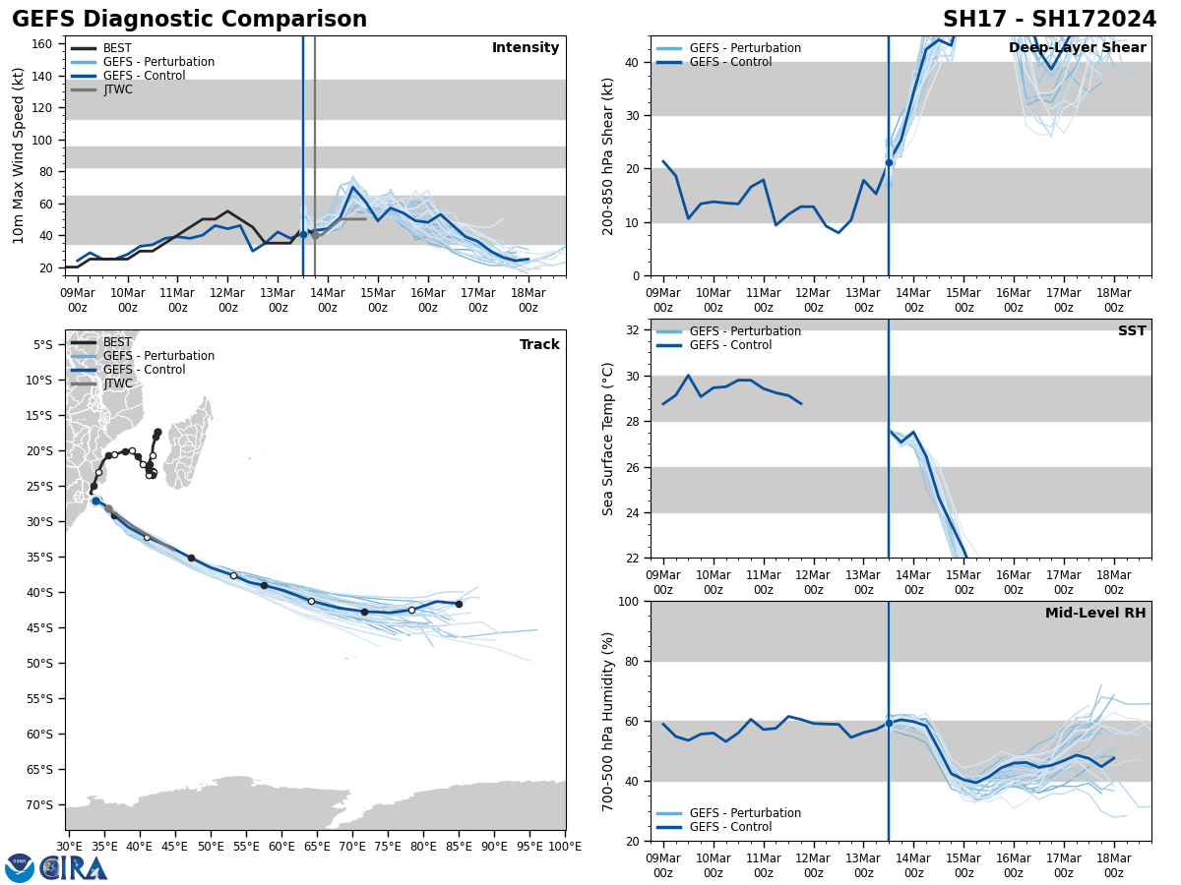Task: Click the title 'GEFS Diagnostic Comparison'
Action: click(x=189, y=20)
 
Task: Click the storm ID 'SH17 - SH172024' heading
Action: click(x=1049, y=20)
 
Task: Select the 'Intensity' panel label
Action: click(x=526, y=48)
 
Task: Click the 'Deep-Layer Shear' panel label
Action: click(x=1077, y=48)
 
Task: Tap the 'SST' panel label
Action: click(x=1131, y=331)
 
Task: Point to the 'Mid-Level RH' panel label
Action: click(x=1094, y=614)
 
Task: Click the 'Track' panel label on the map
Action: click(x=539, y=345)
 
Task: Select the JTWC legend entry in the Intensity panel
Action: click(x=117, y=89)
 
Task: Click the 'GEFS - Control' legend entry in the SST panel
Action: click(x=730, y=345)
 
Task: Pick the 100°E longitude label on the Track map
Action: click(x=564, y=846)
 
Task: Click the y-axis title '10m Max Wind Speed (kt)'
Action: click(x=19, y=155)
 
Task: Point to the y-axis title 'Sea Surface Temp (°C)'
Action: click(x=608, y=439)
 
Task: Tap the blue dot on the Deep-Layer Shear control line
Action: click(x=889, y=162)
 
